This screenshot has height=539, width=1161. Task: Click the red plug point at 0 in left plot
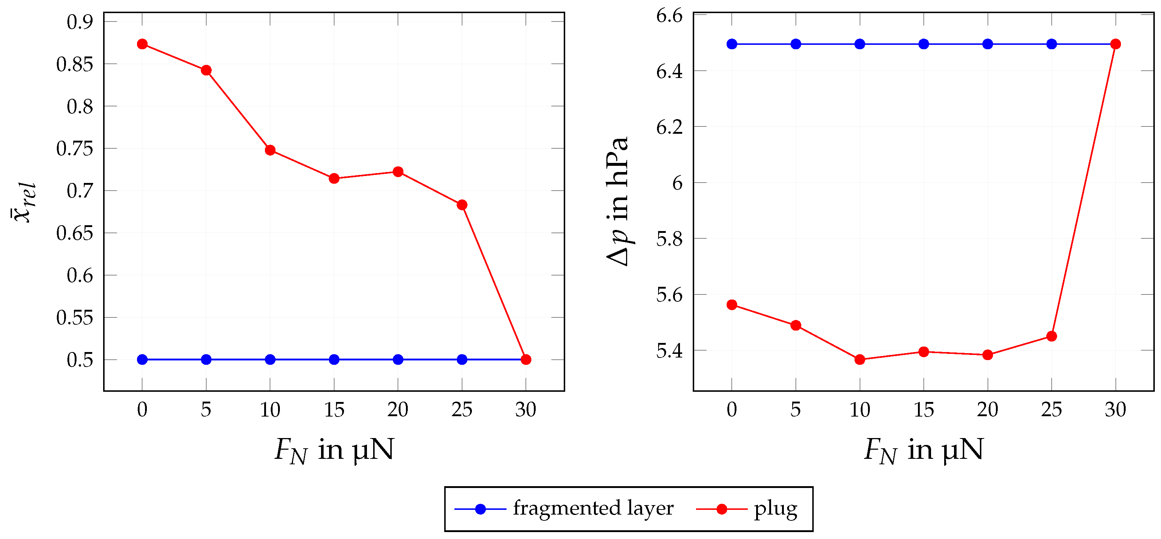[x=142, y=44]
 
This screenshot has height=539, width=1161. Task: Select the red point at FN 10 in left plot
[x=270, y=150]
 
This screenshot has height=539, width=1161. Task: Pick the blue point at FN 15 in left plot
[x=334, y=360]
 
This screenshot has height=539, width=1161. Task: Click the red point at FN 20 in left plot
[x=398, y=172]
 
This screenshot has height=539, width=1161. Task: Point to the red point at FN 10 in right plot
[x=860, y=360]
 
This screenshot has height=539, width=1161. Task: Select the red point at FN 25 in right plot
[x=1051, y=336]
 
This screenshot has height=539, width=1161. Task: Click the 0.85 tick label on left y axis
[x=74, y=65]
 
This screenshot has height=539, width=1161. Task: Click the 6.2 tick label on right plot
[x=669, y=128]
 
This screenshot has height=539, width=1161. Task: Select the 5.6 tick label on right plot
[x=669, y=295]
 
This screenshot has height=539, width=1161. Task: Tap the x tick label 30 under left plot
[x=525, y=410]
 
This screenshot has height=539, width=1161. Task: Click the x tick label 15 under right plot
[x=923, y=410]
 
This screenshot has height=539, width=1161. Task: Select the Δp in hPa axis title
[x=617, y=202]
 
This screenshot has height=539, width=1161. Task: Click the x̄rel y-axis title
[x=23, y=202]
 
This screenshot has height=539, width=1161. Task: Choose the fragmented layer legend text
[x=593, y=508]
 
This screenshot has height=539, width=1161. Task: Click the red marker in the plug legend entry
[x=722, y=509]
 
